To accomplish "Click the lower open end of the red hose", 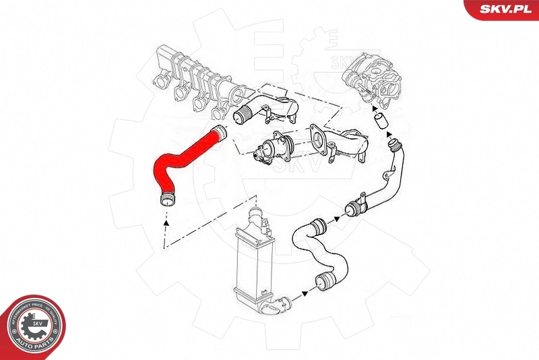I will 165,198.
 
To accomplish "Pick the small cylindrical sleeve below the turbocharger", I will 381,122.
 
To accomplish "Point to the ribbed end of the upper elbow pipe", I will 242,114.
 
